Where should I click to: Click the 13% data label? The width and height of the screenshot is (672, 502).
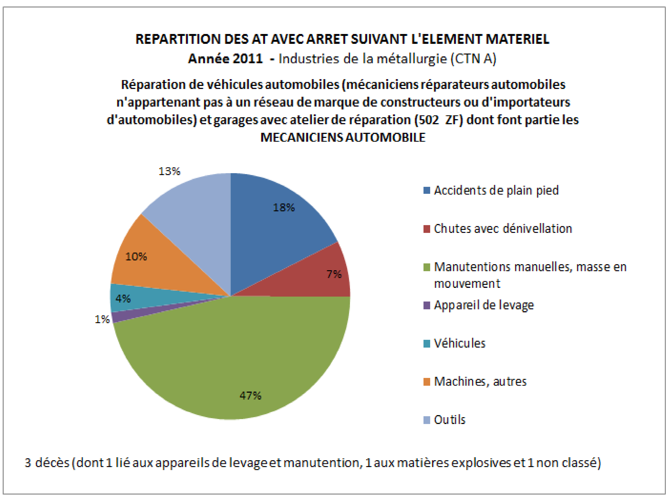click(x=169, y=171)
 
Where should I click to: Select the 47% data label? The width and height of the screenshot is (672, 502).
click(x=250, y=395)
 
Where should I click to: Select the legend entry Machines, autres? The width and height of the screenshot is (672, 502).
click(x=480, y=381)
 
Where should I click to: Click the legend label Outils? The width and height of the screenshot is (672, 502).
click(x=449, y=420)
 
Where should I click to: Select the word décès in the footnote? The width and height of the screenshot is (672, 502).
click(x=52, y=463)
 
